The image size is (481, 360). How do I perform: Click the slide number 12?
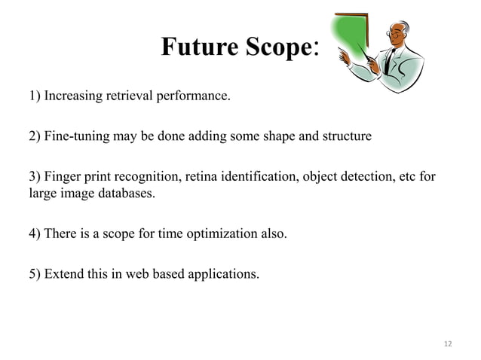tap(448, 343)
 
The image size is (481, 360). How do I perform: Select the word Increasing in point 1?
tap(73, 96)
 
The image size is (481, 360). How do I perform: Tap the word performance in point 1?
tap(194, 96)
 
